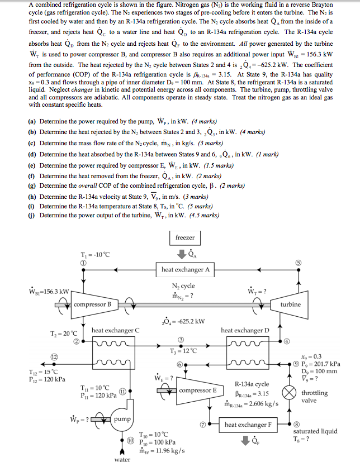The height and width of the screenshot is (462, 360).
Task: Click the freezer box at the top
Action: [184, 237]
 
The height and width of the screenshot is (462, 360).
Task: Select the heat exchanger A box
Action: [186, 270]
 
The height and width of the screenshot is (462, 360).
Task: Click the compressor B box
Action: [92, 304]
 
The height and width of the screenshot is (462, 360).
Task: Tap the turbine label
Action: [291, 304]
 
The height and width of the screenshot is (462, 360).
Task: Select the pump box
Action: [122, 419]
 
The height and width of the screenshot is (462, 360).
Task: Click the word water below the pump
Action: [122, 459]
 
